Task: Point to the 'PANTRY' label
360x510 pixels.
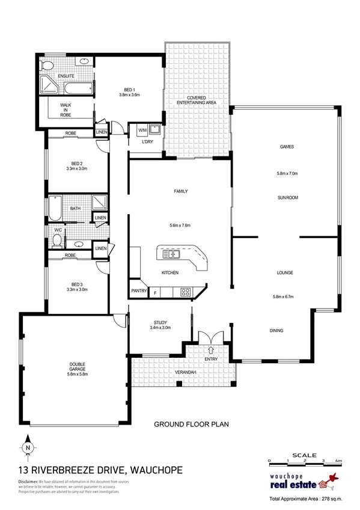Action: click(139, 292)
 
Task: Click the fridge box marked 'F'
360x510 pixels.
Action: click(156, 293)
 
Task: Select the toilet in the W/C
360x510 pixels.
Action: click(57, 241)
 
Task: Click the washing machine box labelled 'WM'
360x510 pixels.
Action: click(142, 130)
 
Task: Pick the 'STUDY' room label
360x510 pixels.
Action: click(160, 322)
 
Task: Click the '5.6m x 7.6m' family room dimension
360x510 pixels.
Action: click(180, 226)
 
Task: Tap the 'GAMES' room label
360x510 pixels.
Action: click(287, 147)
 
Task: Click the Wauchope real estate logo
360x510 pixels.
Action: click(299, 482)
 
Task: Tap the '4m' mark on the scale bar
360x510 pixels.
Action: click(338, 461)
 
